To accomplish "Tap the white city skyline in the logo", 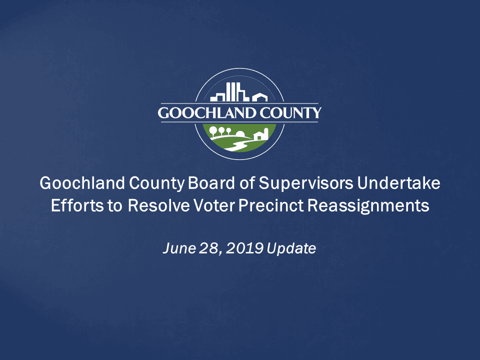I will (x=229, y=93).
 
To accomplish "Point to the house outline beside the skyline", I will (x=260, y=96).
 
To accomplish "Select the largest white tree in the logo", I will (x=213, y=131).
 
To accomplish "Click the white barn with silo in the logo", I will (x=261, y=134).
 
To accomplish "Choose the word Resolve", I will (x=159, y=205).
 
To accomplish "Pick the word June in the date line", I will (x=175, y=248).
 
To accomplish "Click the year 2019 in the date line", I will (x=245, y=248).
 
